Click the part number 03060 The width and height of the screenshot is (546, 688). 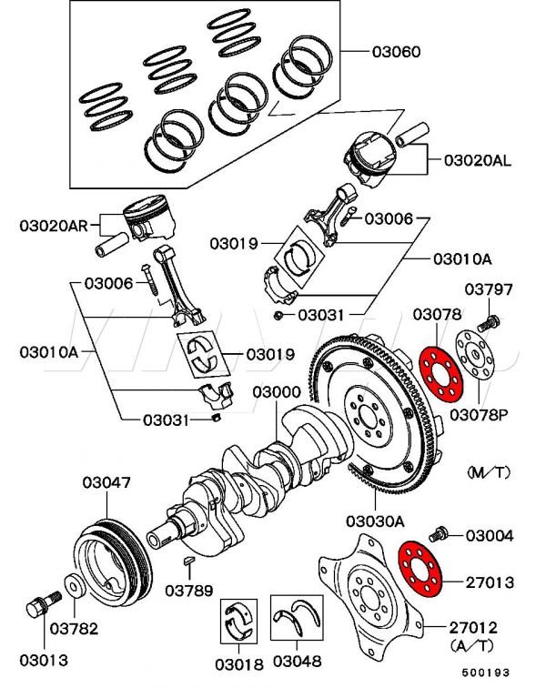pos(396,52)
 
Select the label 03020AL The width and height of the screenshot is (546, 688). pos(478,160)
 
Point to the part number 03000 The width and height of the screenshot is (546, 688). pos(278,392)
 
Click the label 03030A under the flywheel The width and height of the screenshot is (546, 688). pos(374,521)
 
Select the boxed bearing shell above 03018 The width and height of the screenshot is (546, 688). pos(239,622)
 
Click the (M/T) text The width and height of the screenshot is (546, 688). pos(490,473)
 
